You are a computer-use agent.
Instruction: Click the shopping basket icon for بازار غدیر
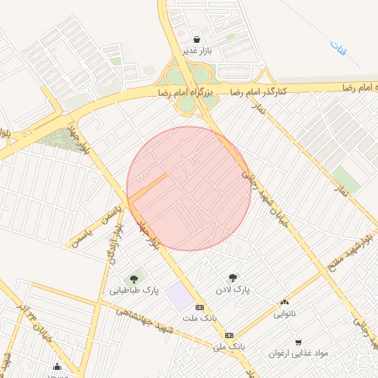pos(196,39)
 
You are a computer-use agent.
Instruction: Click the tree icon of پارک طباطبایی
pos(134,279)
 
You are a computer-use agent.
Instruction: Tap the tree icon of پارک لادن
pos(233,278)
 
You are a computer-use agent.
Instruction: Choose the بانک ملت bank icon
pos(199,307)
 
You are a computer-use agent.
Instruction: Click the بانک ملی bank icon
pos(229,335)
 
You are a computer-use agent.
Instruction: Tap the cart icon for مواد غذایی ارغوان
pos(298,342)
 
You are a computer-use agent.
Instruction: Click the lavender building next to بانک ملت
pos(177,298)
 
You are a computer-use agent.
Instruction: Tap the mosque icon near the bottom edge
pos(58,367)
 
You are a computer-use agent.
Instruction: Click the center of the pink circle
pos(189,188)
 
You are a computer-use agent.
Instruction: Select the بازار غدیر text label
pos(198,51)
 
